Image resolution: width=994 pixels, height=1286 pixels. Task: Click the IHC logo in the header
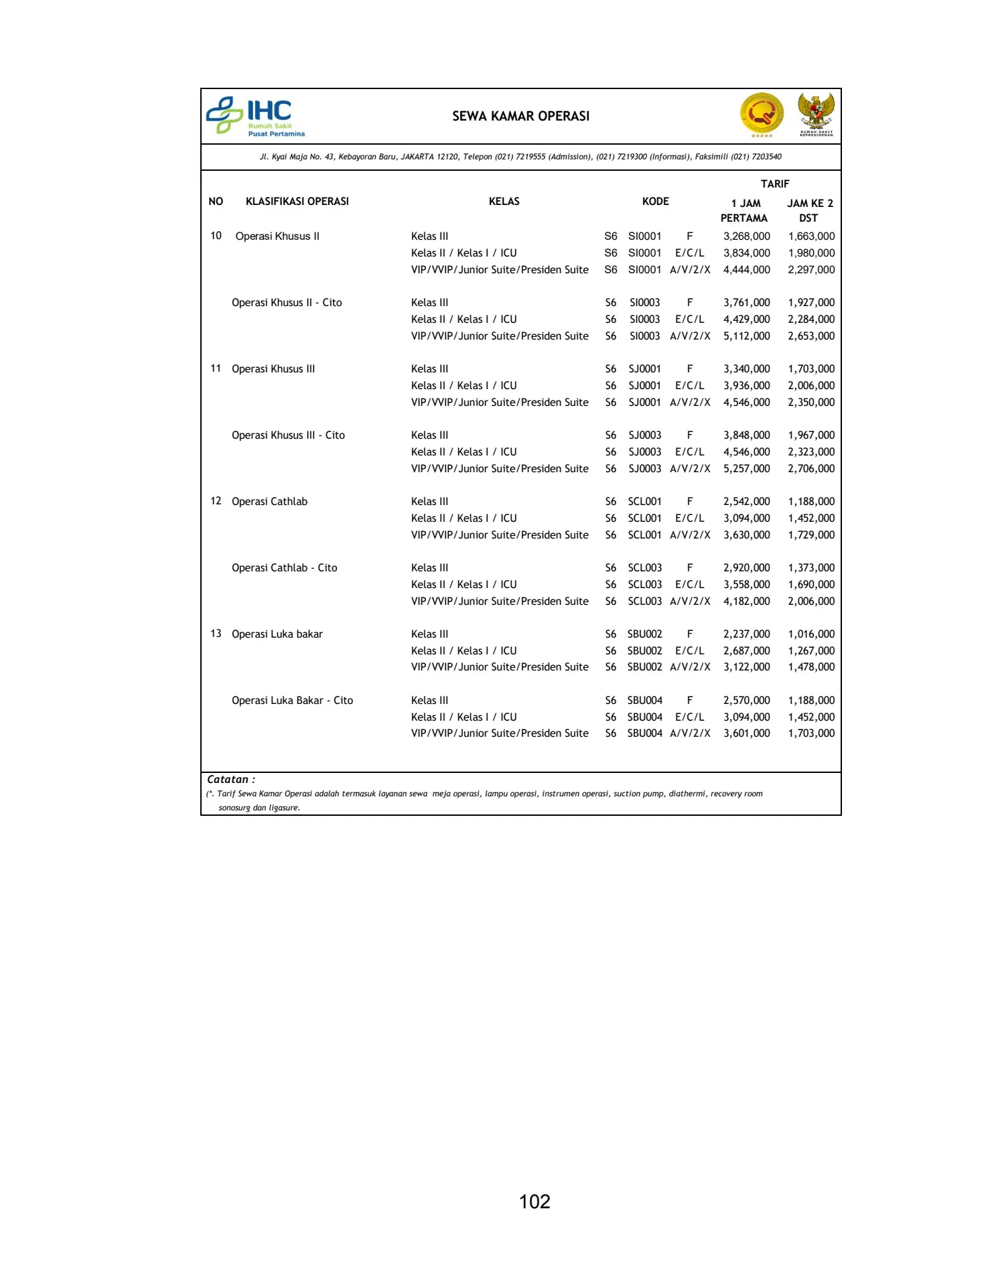point(255,116)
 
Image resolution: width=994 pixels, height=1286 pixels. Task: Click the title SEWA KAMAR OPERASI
point(520,116)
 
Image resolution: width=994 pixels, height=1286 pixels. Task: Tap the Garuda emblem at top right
point(816,115)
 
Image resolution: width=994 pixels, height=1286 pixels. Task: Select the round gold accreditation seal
point(762,115)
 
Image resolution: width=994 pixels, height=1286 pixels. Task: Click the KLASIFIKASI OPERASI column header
point(297,202)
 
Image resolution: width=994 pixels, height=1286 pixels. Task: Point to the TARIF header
point(775,184)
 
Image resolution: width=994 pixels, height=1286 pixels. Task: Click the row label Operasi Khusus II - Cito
point(287,303)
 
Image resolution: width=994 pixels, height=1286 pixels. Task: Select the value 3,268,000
point(746,236)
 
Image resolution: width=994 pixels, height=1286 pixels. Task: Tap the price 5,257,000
point(746,469)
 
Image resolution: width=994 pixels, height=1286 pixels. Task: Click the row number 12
point(216,501)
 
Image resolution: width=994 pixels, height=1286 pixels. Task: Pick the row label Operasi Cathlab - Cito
point(284,568)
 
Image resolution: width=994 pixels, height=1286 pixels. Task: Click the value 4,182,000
point(746,601)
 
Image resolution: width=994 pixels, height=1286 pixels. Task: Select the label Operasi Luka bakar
point(277,634)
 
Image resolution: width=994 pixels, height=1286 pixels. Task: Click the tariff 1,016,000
point(811,634)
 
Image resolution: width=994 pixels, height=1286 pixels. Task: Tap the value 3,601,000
point(746,733)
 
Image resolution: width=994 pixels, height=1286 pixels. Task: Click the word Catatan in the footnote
point(228,780)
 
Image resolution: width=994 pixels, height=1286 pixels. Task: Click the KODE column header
point(655,202)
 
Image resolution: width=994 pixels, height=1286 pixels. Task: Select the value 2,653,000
point(811,336)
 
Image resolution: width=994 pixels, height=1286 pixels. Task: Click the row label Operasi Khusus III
point(273,369)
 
